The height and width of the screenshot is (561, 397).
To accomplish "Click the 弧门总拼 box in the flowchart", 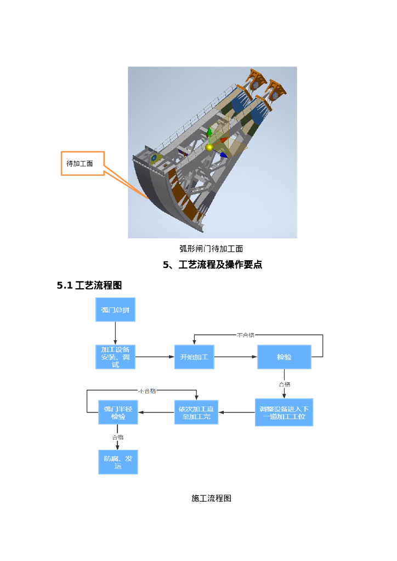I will click(x=115, y=310).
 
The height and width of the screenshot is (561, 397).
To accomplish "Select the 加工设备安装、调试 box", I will click(x=115, y=357).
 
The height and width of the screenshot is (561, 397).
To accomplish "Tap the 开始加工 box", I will click(x=194, y=357).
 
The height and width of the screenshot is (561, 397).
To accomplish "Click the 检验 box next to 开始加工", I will click(x=284, y=357).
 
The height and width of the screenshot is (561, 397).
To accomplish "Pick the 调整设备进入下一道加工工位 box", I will click(x=284, y=413).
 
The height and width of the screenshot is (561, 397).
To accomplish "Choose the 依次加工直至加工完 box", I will click(x=196, y=413).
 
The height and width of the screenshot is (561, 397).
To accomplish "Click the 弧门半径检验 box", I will click(x=118, y=413).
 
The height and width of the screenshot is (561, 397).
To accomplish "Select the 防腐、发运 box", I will click(x=118, y=462).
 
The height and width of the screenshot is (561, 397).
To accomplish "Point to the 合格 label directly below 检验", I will click(x=285, y=385).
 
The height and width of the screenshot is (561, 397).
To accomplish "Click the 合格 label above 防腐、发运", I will click(x=118, y=437).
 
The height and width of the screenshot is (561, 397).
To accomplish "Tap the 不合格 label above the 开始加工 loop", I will click(x=246, y=335).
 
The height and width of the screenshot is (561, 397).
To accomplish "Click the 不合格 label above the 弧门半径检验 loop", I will click(x=147, y=391).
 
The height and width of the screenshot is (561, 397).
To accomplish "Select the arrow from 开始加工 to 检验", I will click(x=236, y=357).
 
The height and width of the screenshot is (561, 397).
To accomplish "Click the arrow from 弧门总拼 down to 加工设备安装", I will click(x=115, y=333).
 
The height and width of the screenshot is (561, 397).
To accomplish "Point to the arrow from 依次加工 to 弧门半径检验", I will click(x=156, y=413).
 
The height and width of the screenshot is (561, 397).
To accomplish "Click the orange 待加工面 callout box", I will click(x=82, y=163).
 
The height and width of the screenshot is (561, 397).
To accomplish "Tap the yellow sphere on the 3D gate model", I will click(x=209, y=147).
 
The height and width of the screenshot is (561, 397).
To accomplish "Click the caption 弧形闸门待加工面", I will click(x=212, y=249).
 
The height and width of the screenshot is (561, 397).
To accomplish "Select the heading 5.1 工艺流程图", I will click(x=89, y=285).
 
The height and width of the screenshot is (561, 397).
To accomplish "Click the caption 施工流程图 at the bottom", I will click(x=212, y=498).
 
